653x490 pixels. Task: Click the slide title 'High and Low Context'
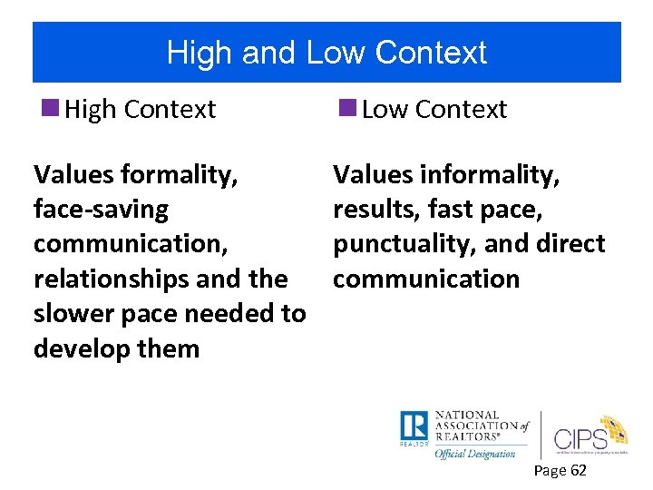tap(326, 53)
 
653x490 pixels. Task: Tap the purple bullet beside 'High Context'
tap(52, 108)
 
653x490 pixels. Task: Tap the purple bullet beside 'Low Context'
tap(347, 108)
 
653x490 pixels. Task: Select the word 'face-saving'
tap(101, 210)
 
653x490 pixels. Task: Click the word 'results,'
tap(375, 210)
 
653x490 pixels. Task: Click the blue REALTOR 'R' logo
tap(414, 426)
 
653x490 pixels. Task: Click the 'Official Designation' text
tap(474, 453)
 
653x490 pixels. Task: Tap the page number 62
tap(576, 470)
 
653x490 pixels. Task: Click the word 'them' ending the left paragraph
tap(172, 348)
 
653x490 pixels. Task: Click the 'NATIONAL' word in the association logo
tap(466, 415)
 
